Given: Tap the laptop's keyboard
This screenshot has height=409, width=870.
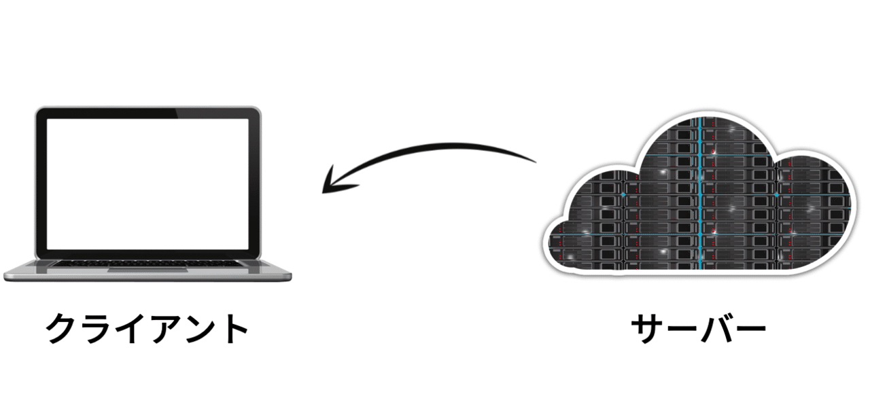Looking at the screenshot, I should tap(147, 264).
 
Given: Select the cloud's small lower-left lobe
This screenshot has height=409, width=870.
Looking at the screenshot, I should tap(564, 241).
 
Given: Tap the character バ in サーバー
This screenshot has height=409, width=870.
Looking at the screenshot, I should tap(716, 329).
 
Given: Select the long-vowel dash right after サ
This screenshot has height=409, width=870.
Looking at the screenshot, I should tap(682, 330).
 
